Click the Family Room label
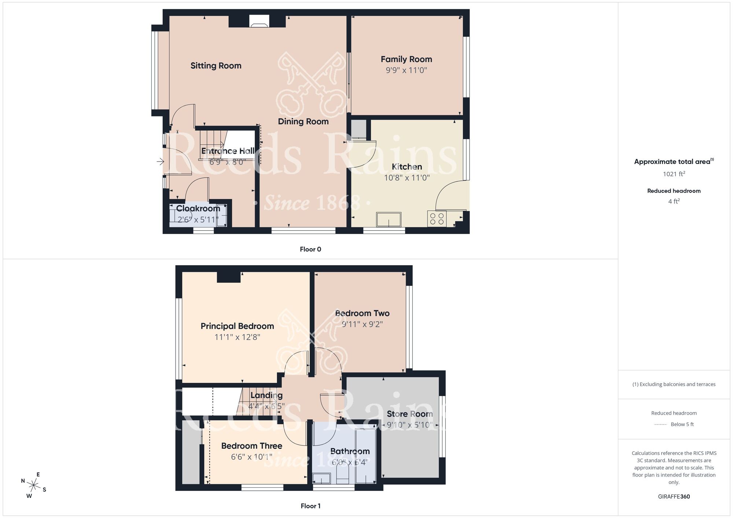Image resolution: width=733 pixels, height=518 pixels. pyautogui.click(x=406, y=59)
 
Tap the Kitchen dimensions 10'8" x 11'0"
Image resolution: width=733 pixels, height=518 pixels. pyautogui.click(x=406, y=178)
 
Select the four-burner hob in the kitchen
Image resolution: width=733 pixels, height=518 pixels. pyautogui.click(x=437, y=219)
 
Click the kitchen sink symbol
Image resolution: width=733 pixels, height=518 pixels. pyautogui.click(x=388, y=220)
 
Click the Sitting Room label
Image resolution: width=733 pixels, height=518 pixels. pyautogui.click(x=216, y=66)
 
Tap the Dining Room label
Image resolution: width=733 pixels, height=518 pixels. pyautogui.click(x=303, y=122)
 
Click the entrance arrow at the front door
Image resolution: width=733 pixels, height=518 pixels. pyautogui.click(x=160, y=161)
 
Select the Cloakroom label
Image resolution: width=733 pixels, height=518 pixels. pyautogui.click(x=198, y=208)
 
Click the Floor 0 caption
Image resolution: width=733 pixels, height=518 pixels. pyautogui.click(x=310, y=249)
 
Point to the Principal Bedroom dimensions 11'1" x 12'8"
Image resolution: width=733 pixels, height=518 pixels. pyautogui.click(x=237, y=337)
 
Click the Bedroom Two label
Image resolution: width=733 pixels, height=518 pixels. pyautogui.click(x=362, y=313)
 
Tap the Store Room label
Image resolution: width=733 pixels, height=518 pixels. pyautogui.click(x=410, y=414)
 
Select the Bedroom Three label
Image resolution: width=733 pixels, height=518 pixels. pyautogui.click(x=251, y=446)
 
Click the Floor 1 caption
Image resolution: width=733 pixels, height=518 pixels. pyautogui.click(x=310, y=506)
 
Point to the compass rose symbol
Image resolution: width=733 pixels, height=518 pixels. pyautogui.click(x=34, y=486)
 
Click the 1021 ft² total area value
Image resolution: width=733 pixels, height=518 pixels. pyautogui.click(x=674, y=174)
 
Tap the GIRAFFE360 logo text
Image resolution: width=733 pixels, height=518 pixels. pyautogui.click(x=674, y=497)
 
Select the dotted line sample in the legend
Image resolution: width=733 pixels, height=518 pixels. pyautogui.click(x=660, y=425)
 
